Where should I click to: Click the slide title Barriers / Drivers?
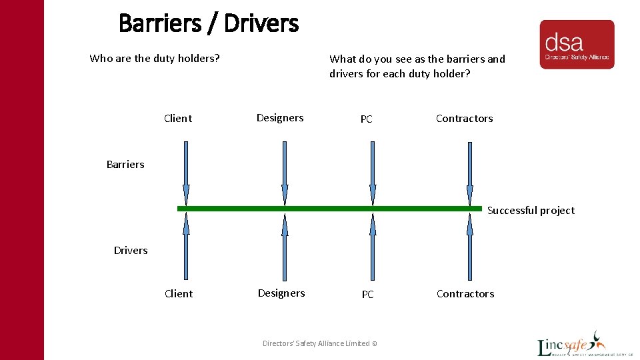pos(208,24)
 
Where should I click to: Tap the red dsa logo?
pos(577,44)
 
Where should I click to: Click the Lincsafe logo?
pos(573,344)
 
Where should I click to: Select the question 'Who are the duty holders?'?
pos(155,58)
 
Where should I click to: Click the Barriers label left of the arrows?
pos(125,164)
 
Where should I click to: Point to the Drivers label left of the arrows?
pos(131,250)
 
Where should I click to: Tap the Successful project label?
pos(531,210)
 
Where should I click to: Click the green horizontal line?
pos(329,209)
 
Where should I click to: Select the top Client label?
pos(178,119)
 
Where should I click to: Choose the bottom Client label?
pos(179,293)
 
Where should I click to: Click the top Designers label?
pos(280,118)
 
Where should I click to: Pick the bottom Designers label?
pos(281,293)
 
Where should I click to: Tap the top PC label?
pos(367,119)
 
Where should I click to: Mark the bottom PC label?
pos(368,294)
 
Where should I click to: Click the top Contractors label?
pos(465,119)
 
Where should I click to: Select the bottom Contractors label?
pos(465,294)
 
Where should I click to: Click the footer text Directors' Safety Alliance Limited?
pos(320,343)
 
